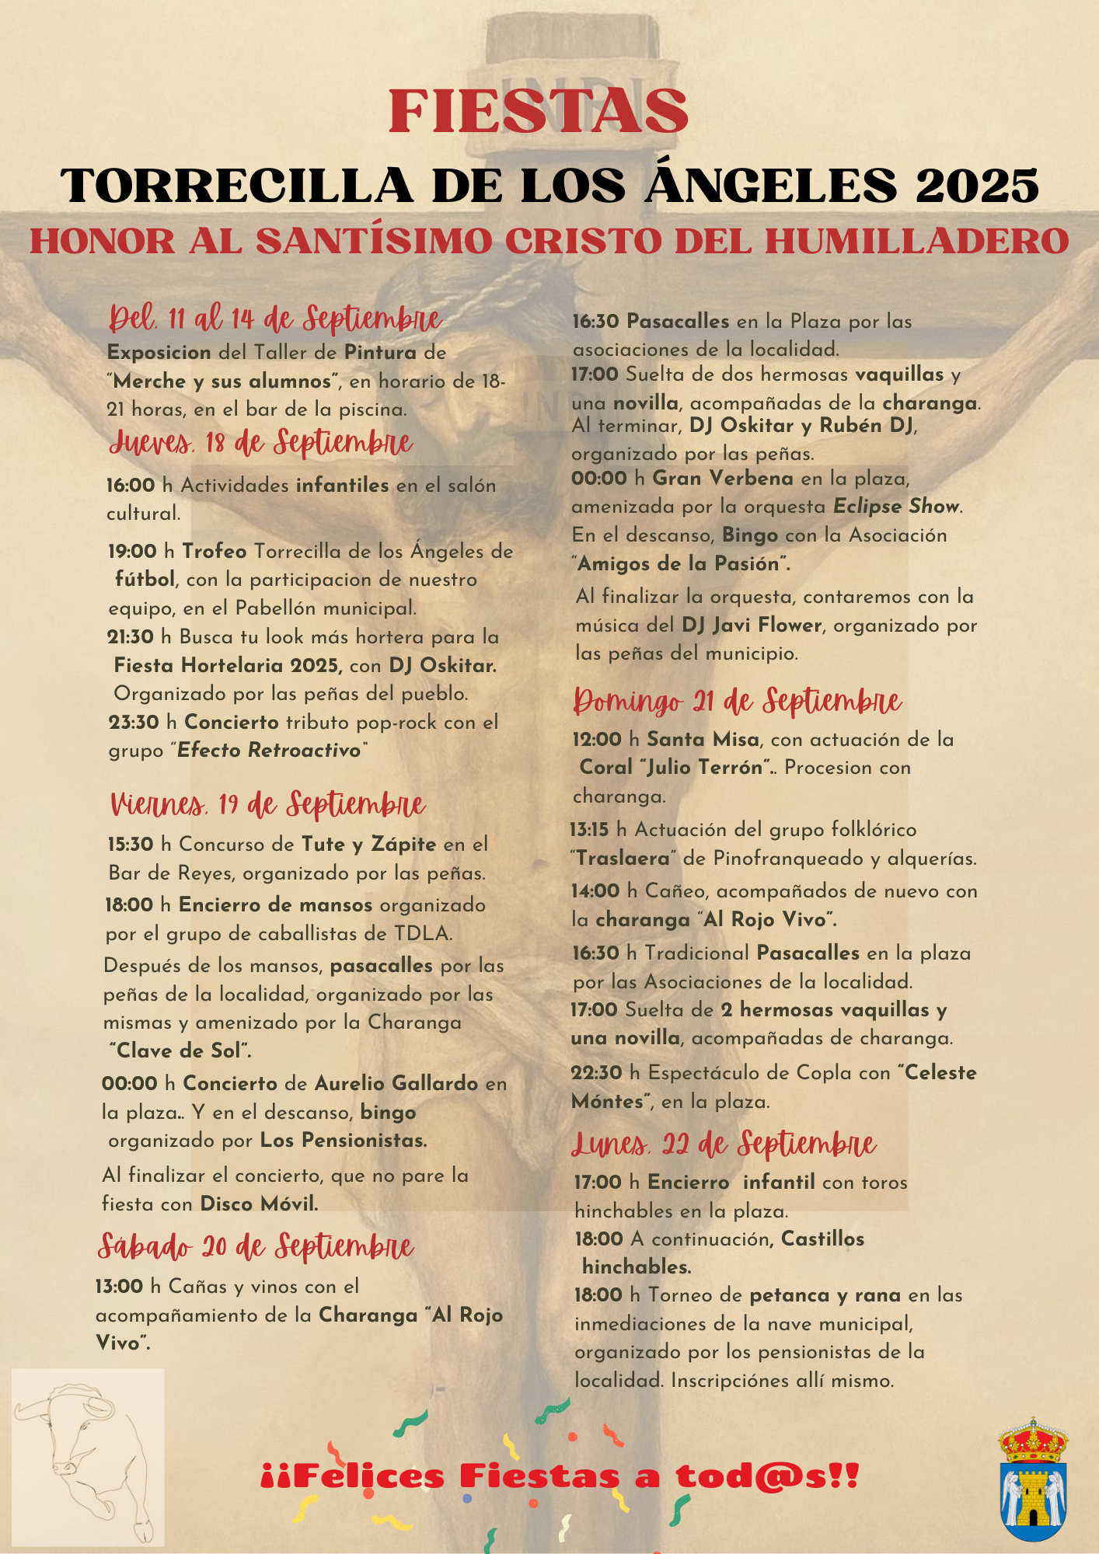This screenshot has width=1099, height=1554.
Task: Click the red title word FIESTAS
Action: click(539, 111)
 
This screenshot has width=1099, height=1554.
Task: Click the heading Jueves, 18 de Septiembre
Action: click(261, 443)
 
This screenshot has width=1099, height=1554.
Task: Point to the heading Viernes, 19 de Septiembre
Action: click(268, 805)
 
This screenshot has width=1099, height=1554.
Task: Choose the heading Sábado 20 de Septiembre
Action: click(256, 1246)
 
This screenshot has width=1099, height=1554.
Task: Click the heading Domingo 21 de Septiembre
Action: click(737, 702)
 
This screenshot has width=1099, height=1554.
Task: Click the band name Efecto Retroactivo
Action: click(270, 750)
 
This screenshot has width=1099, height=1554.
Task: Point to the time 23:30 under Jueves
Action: click(134, 722)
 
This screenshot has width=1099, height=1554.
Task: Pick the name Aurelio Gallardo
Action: click(396, 1083)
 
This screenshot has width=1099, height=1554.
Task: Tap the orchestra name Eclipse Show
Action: click(897, 507)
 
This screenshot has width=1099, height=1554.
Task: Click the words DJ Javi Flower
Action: click(752, 625)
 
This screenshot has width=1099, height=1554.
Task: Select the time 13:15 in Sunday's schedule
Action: click(590, 830)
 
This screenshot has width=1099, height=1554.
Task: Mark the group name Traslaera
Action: click(623, 859)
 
